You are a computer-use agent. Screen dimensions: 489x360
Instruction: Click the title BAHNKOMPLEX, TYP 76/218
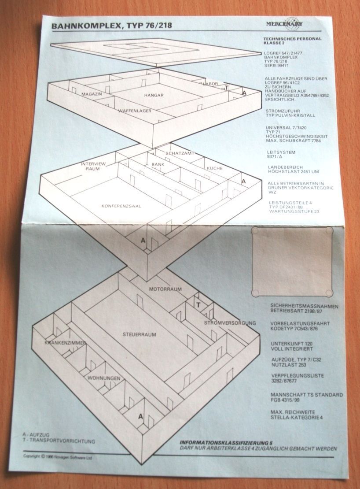pyautogui.click(x=111, y=26)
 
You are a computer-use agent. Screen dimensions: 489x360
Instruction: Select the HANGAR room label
pyautogui.click(x=154, y=95)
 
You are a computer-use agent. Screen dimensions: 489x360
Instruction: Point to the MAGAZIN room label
pyautogui.click(x=92, y=94)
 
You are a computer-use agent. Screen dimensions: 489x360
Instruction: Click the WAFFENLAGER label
pyautogui.click(x=135, y=111)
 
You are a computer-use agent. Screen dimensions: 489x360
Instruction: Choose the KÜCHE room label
pyautogui.click(x=214, y=169)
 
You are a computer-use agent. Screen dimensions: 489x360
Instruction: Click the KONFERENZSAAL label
pyautogui.click(x=121, y=206)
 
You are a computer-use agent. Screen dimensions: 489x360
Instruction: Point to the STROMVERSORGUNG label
pyautogui.click(x=230, y=323)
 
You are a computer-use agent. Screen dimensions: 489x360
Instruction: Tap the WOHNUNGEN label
pyautogui.click(x=103, y=378)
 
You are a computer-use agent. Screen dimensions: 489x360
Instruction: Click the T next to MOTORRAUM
pyautogui.click(x=198, y=305)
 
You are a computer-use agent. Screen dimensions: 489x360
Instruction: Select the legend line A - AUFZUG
pyautogui.click(x=36, y=434)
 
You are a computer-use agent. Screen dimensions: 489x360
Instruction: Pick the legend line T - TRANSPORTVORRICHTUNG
pyautogui.click(x=59, y=441)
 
